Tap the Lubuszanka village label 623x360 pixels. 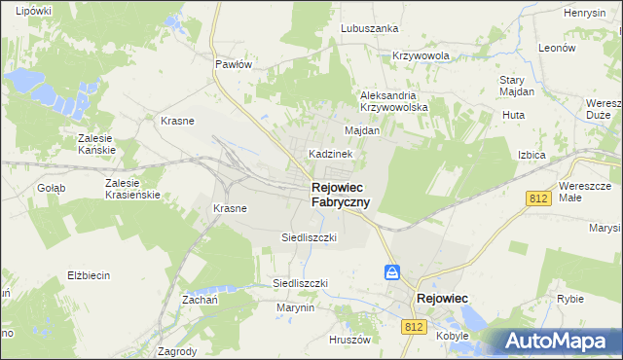370,28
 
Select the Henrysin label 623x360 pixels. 584,13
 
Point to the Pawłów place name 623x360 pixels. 234,64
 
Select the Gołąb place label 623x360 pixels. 51,188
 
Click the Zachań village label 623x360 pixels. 198,301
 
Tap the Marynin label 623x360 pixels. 295,307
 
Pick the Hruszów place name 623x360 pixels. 350,340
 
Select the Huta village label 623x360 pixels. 513,115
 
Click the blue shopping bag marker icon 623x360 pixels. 391,273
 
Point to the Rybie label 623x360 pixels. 569,300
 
